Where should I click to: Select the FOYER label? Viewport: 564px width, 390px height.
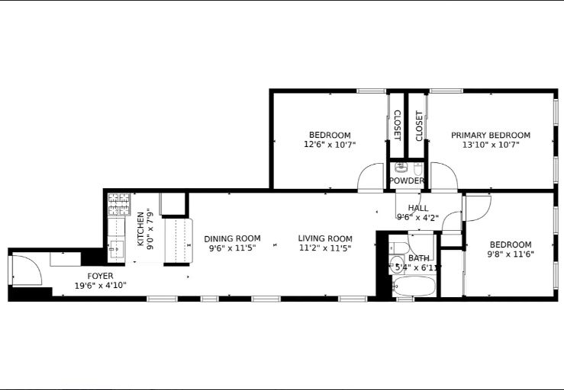click(100, 276)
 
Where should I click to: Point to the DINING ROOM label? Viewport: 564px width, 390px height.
click(232, 238)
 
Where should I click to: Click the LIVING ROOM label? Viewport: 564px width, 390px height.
click(325, 238)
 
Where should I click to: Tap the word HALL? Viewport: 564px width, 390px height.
click(418, 208)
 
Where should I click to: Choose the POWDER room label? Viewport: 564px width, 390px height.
click(406, 181)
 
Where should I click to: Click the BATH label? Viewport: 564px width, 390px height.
click(418, 258)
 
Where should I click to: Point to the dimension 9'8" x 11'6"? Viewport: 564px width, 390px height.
click(511, 254)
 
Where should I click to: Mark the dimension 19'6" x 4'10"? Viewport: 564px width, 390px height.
click(100, 286)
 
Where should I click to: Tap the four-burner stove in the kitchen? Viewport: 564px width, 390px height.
click(118, 203)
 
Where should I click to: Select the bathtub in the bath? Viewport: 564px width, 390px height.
click(414, 288)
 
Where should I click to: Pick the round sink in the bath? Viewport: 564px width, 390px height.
click(398, 264)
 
